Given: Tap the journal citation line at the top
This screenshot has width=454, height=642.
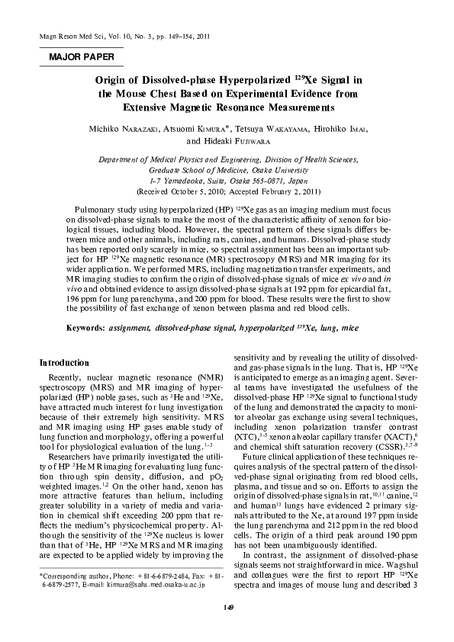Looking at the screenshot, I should click(x=121, y=36).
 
